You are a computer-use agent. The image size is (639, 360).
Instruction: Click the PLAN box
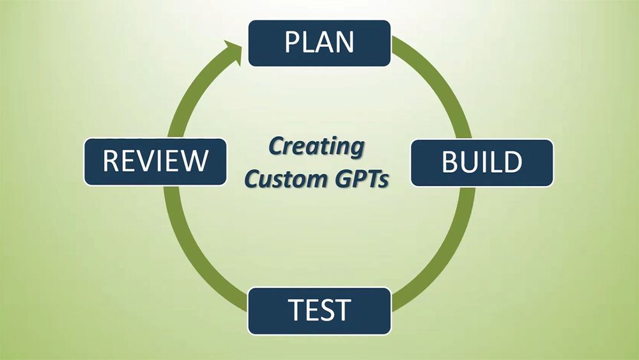coord(319,43)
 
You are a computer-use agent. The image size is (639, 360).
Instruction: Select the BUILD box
coord(482,162)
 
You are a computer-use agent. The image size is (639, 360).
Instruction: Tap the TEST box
coord(319,311)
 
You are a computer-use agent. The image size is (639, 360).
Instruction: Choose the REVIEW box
coord(155,162)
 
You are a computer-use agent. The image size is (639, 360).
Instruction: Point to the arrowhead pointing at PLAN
coord(233,52)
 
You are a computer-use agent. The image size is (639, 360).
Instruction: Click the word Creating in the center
coord(316,147)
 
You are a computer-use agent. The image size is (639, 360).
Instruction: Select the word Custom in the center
coord(281,178)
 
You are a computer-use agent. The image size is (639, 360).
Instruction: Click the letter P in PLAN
coord(292,42)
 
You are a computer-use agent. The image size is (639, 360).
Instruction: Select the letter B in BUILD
coord(450,162)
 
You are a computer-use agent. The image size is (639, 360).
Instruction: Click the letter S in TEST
coord(325,310)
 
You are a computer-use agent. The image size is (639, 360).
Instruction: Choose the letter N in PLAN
coord(344,42)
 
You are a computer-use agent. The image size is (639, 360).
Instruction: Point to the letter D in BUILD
coord(513,162)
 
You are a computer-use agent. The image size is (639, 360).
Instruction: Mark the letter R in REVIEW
coord(111,160)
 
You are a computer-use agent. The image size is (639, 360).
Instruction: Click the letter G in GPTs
coord(334,178)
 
